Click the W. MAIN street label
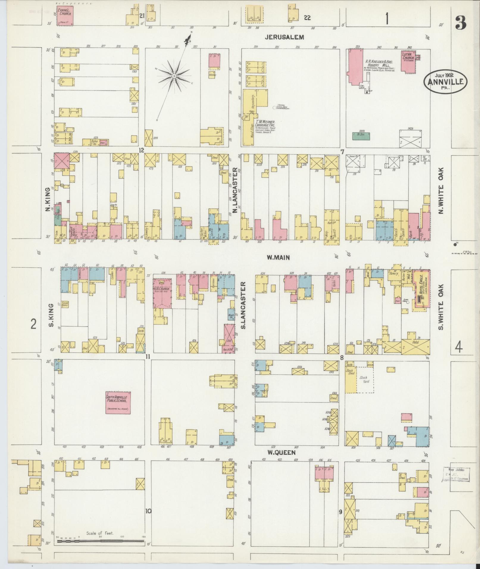(x=278, y=258)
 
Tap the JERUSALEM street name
(x=285, y=37)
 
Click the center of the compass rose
(x=174, y=77)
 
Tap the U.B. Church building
(x=162, y=293)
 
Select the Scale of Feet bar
(x=101, y=541)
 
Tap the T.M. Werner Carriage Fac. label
(x=265, y=124)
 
